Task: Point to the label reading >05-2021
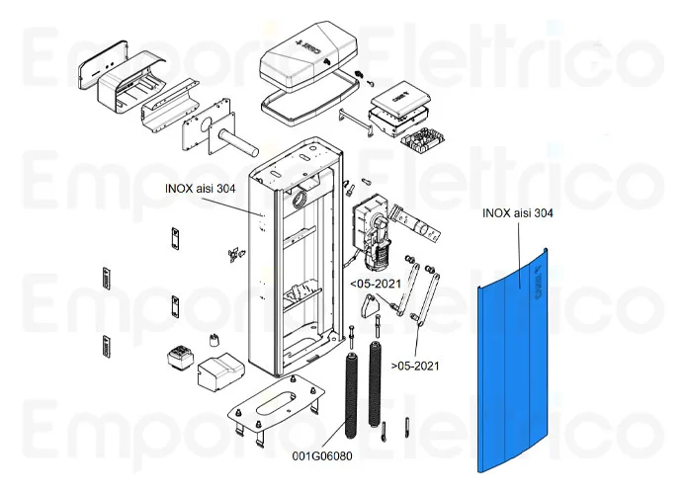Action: click(415, 366)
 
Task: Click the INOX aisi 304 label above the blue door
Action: click(517, 212)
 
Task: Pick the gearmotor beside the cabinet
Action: click(373, 229)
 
